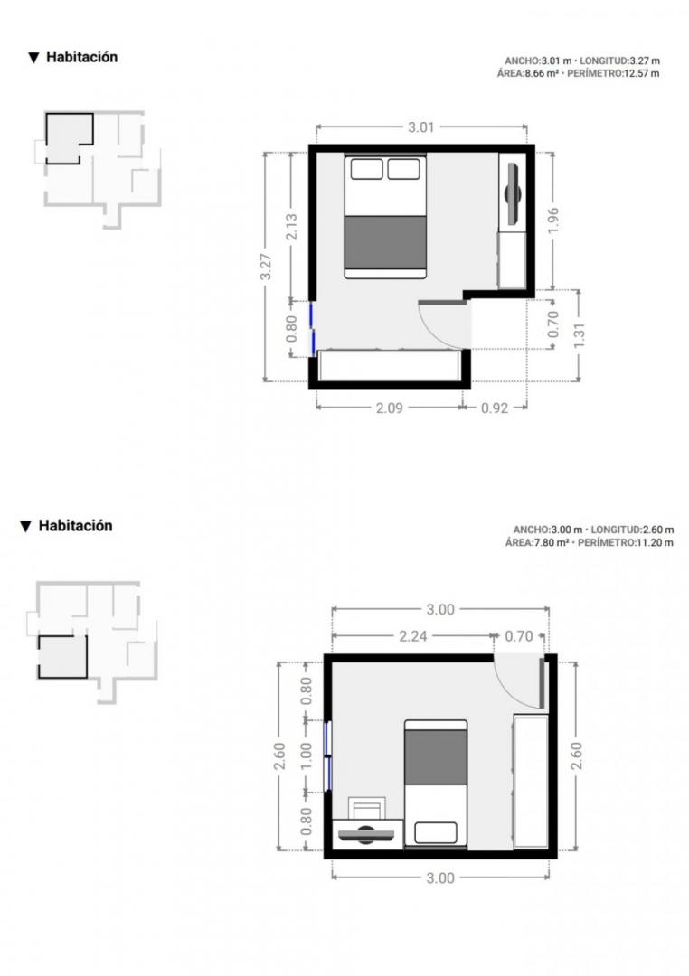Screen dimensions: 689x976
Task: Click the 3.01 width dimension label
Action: (421, 127)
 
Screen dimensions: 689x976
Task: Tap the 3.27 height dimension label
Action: (266, 267)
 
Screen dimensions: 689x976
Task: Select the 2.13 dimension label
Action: (291, 227)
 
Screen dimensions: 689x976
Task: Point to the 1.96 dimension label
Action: (552, 221)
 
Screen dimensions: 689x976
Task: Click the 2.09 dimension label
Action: (389, 408)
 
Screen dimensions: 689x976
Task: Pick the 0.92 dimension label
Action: (495, 408)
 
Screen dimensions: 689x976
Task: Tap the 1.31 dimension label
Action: (580, 336)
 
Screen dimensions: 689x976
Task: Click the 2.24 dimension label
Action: (413, 636)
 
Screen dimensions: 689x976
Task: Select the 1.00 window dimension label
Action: (306, 755)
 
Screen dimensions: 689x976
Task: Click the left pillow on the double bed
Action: (366, 169)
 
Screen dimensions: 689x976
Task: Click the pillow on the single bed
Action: (436, 833)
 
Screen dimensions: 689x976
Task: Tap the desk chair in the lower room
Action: (366, 809)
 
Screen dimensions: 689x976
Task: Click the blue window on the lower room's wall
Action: (327, 755)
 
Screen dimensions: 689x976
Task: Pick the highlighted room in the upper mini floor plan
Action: (69, 137)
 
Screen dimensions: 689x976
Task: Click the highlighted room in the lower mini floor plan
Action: (62, 657)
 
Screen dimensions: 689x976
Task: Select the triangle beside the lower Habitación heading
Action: (25, 527)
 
